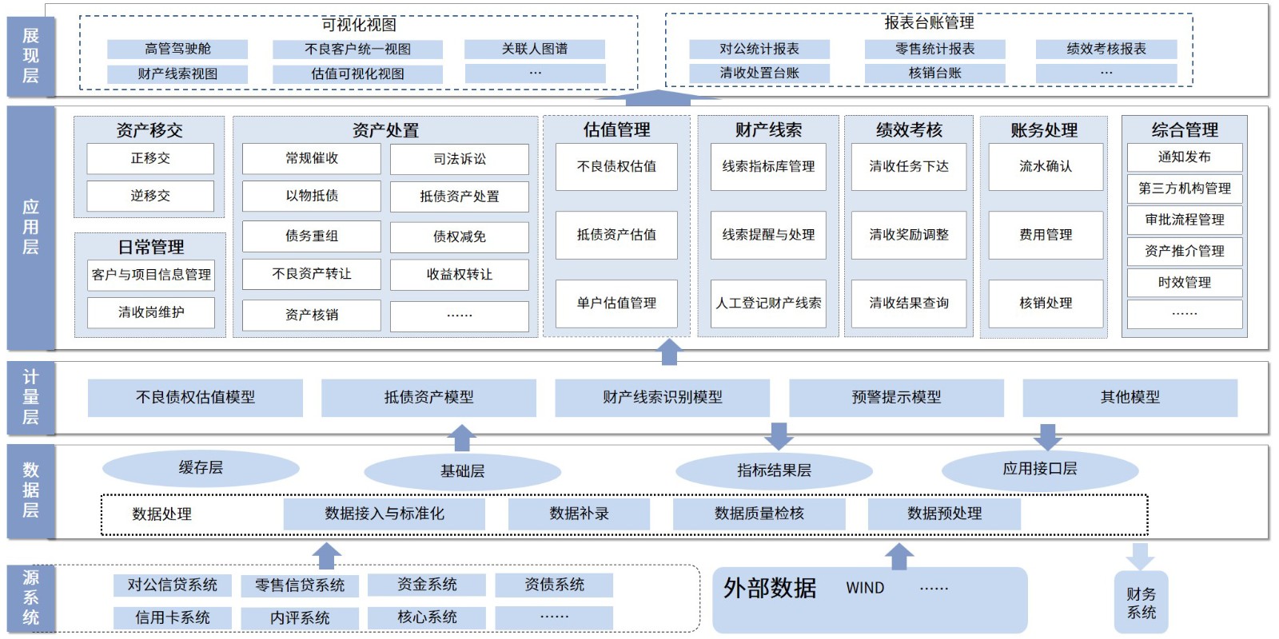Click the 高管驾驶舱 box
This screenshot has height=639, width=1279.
tap(177, 49)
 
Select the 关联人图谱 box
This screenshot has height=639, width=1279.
tap(535, 49)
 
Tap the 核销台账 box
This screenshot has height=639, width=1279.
tap(934, 73)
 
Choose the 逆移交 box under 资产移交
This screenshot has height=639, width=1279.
tap(150, 196)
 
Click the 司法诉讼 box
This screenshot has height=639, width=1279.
tap(460, 159)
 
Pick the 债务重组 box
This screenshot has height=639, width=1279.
tap(312, 236)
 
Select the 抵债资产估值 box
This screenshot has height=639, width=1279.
tap(616, 235)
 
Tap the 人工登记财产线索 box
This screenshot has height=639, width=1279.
tap(768, 303)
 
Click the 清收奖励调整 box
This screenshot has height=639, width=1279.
tap(909, 235)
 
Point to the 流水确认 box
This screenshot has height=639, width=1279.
tap(1046, 166)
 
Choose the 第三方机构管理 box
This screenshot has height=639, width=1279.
tap(1185, 189)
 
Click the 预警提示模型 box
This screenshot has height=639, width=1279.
tap(896, 397)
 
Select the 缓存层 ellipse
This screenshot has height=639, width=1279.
tap(201, 468)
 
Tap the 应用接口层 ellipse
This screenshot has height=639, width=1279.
tap(1040, 469)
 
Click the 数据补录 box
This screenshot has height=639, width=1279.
tap(579, 514)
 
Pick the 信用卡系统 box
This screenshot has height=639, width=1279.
tap(173, 617)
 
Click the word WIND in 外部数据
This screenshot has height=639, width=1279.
tap(865, 588)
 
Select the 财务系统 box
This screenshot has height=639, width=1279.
tap(1142, 603)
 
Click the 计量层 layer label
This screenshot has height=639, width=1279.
tap(30, 397)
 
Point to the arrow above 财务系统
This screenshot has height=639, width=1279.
tap(1140, 556)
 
